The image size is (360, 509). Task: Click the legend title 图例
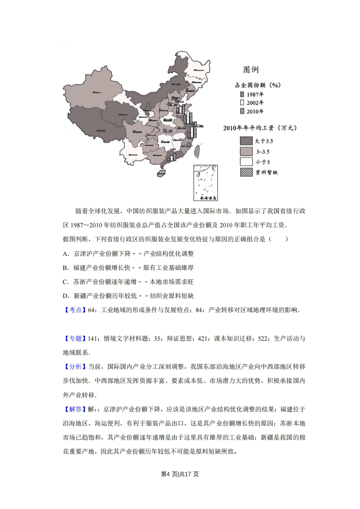pyautogui.click(x=251, y=70)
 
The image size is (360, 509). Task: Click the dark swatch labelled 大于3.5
pyautogui.click(x=246, y=141)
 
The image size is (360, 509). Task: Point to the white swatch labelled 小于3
pyautogui.click(x=246, y=162)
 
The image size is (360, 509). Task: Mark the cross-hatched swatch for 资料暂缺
pyautogui.click(x=246, y=172)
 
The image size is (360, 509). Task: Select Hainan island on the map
pyautogui.click(x=161, y=173)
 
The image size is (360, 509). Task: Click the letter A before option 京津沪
pyautogui.click(x=66, y=254)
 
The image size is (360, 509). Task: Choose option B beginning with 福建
pyautogui.click(x=66, y=268)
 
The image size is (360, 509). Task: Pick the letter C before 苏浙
pyautogui.click(x=66, y=282)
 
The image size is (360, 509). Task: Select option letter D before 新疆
pyautogui.click(x=66, y=296)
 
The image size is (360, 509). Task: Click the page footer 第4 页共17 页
pyautogui.click(x=180, y=475)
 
